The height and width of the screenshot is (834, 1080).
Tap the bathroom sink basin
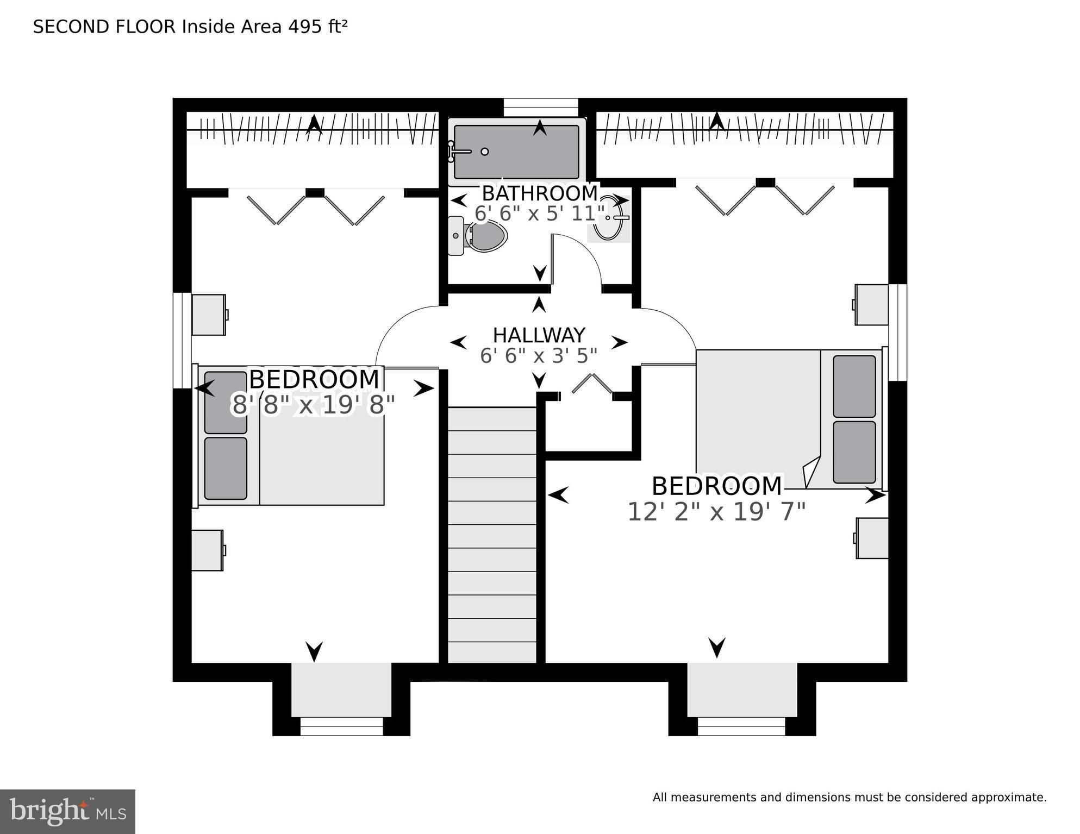[608, 218]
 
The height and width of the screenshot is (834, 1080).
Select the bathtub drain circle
[485, 152]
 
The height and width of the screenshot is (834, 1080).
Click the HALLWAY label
[539, 335]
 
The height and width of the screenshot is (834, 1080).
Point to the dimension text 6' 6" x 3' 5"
[539, 356]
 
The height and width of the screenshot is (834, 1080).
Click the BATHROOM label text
[540, 193]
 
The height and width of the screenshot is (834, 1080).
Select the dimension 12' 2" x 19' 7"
[716, 512]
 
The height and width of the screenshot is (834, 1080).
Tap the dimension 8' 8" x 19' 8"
[313, 405]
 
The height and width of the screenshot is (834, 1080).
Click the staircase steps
[492, 535]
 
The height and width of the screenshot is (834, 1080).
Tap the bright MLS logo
[67, 811]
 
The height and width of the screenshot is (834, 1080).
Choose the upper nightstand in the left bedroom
[209, 315]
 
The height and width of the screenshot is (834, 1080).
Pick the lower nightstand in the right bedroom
[872, 538]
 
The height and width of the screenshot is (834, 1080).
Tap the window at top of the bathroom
[540, 107]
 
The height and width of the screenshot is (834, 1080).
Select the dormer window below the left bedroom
[341, 726]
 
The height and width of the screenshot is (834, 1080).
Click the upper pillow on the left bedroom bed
[226, 402]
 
